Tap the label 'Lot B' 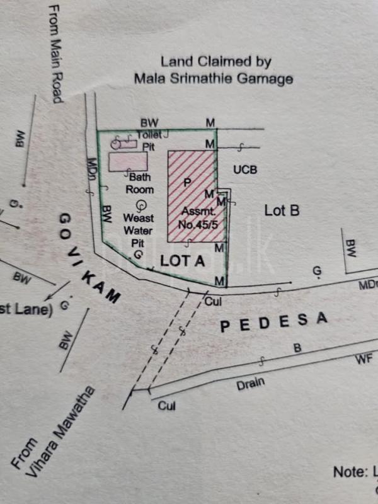tap(281, 210)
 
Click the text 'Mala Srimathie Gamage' tap(213, 79)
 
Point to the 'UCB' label tap(245, 170)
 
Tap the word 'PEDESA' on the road tap(273, 323)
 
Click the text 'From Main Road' tap(55, 54)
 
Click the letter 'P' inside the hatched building tap(186, 182)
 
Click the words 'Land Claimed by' tap(216, 62)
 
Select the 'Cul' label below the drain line tap(166, 406)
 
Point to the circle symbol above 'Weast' tap(140, 204)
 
